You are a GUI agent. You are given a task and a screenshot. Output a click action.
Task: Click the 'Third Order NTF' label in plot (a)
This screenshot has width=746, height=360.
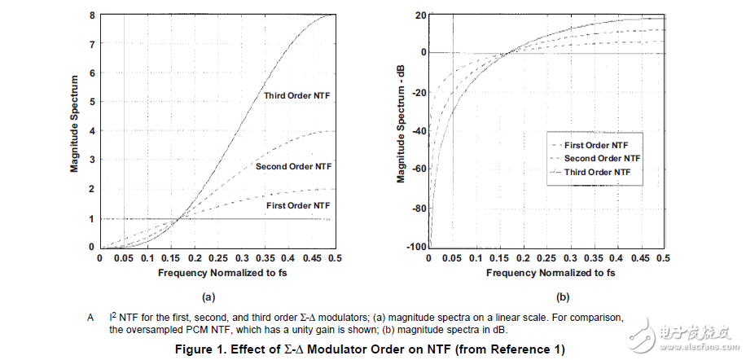click(297, 96)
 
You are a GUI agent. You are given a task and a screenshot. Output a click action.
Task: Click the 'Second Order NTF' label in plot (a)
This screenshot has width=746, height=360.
click(293, 166)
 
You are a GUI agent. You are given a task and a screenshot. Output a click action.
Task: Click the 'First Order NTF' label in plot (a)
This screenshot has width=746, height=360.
click(299, 207)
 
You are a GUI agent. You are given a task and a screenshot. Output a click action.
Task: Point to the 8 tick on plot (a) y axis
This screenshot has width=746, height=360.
click(92, 15)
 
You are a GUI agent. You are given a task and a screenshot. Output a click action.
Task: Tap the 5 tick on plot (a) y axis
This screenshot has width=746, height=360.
click(92, 102)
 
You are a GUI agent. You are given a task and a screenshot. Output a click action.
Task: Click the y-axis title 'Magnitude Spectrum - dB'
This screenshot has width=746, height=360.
click(402, 130)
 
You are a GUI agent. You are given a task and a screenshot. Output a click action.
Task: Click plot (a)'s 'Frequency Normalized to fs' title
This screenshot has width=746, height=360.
click(217, 273)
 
